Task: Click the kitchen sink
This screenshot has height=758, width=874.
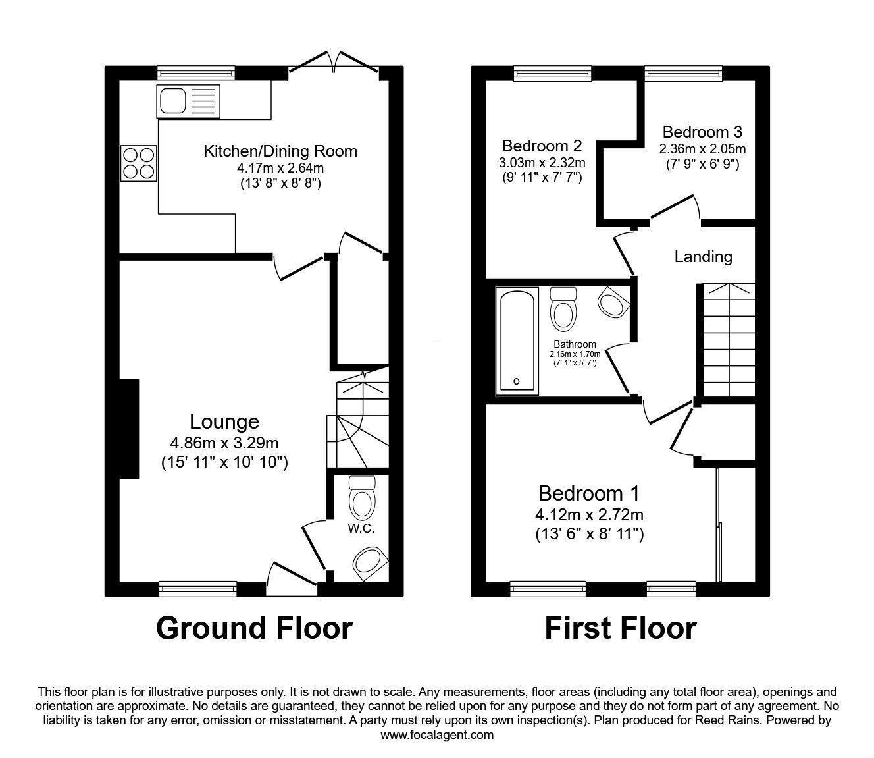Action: tap(188, 101)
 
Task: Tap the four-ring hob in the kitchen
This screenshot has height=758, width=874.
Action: tap(139, 163)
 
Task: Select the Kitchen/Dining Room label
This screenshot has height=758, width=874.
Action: tap(280, 151)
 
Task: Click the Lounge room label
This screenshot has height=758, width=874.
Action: tap(224, 421)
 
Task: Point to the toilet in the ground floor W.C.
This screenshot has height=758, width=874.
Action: tap(363, 498)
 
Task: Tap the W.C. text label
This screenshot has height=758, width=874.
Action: tap(361, 528)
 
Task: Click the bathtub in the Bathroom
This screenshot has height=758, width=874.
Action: tap(517, 341)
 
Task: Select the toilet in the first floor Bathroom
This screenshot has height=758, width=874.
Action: tap(563, 309)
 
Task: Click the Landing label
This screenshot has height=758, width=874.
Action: tap(703, 256)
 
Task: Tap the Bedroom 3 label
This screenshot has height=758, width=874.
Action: tap(702, 132)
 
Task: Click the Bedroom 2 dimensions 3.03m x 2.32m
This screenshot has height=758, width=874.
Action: tap(542, 162)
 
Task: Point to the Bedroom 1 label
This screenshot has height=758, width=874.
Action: tap(589, 493)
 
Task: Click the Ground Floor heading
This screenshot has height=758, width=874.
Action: tap(254, 628)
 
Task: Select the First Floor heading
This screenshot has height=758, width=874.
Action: tap(621, 628)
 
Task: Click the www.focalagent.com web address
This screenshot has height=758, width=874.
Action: tap(437, 735)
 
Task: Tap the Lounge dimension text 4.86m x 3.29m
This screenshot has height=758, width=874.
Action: tap(224, 443)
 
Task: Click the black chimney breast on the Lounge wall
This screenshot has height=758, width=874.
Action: tap(130, 429)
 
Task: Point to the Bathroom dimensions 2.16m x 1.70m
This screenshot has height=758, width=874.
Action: tap(575, 354)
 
